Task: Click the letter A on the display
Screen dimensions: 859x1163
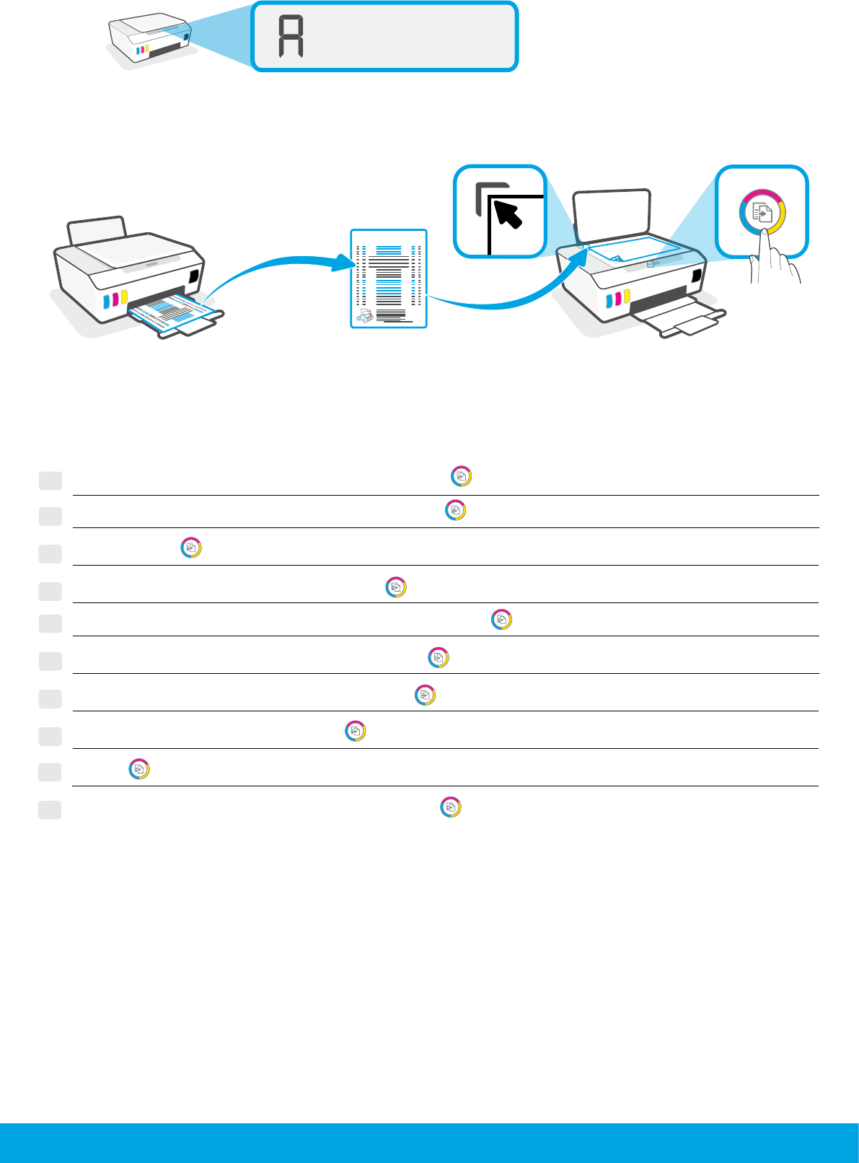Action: (291, 38)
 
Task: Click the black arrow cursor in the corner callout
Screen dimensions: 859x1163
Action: (510, 214)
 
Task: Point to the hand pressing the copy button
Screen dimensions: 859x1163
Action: (772, 260)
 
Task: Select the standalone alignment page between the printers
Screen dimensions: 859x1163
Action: (389, 278)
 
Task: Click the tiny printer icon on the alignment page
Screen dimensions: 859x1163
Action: (366, 315)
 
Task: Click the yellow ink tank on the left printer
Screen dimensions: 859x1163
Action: (124, 297)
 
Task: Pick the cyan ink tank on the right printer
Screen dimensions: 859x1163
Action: (609, 300)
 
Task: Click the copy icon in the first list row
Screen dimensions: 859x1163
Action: (462, 477)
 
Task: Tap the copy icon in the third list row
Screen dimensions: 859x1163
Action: (190, 548)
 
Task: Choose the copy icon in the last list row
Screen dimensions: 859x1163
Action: (451, 807)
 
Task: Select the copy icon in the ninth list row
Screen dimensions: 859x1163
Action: (139, 769)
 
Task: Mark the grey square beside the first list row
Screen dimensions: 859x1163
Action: (50, 480)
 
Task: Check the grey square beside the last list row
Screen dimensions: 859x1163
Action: (50, 809)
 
